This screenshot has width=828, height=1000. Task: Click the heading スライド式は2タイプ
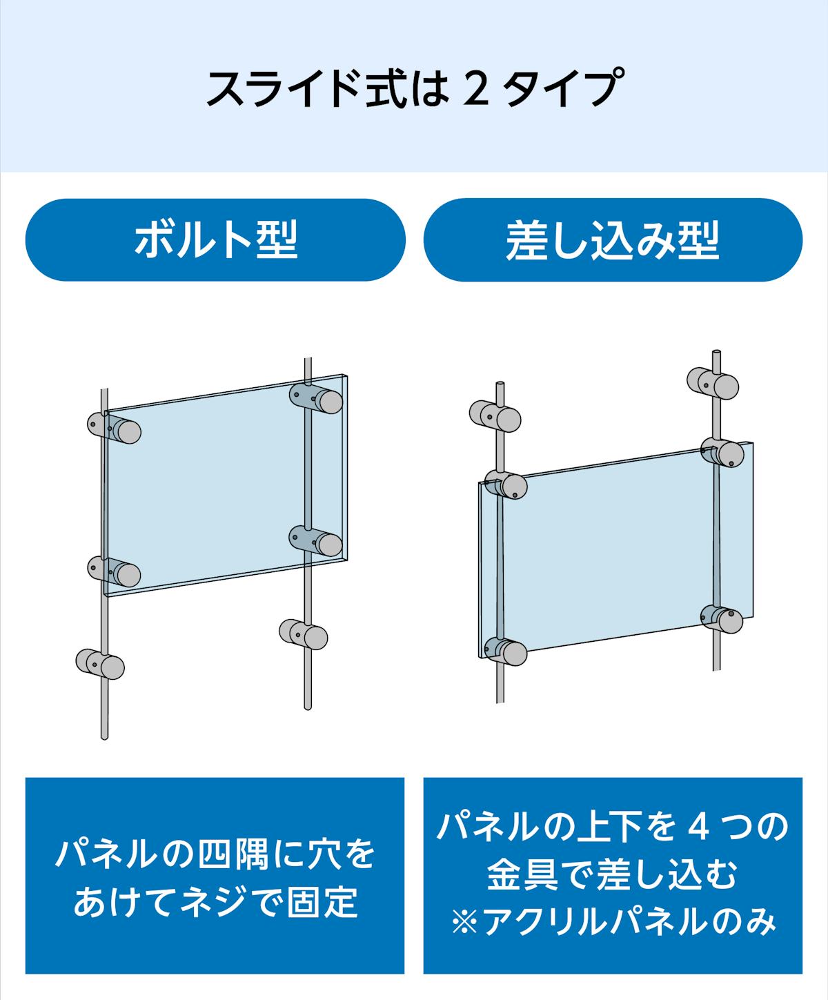click(x=412, y=87)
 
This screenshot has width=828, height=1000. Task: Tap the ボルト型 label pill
click(x=215, y=240)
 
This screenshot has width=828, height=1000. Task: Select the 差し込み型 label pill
click(x=612, y=240)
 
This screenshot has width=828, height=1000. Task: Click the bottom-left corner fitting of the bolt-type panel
click(x=115, y=571)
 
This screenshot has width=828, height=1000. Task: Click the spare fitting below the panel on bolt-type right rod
click(x=303, y=631)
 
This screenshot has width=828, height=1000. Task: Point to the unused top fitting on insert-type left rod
click(x=495, y=415)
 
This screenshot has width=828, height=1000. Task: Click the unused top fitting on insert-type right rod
click(x=713, y=382)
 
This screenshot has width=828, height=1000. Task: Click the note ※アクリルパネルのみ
click(x=613, y=922)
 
